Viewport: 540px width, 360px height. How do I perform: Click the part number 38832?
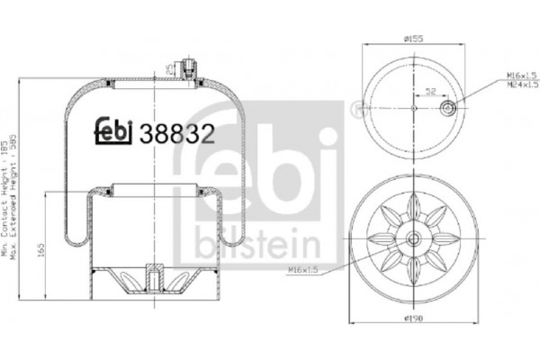coord(181,135)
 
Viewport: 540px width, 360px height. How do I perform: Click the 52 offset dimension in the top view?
coord(431,92)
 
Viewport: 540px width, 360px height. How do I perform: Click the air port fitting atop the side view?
coord(187,67)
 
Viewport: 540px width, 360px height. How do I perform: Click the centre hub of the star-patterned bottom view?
coord(413,239)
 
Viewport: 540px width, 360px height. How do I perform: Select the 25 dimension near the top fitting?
coord(169,66)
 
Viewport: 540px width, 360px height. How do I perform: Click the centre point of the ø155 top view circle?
coord(413,108)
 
